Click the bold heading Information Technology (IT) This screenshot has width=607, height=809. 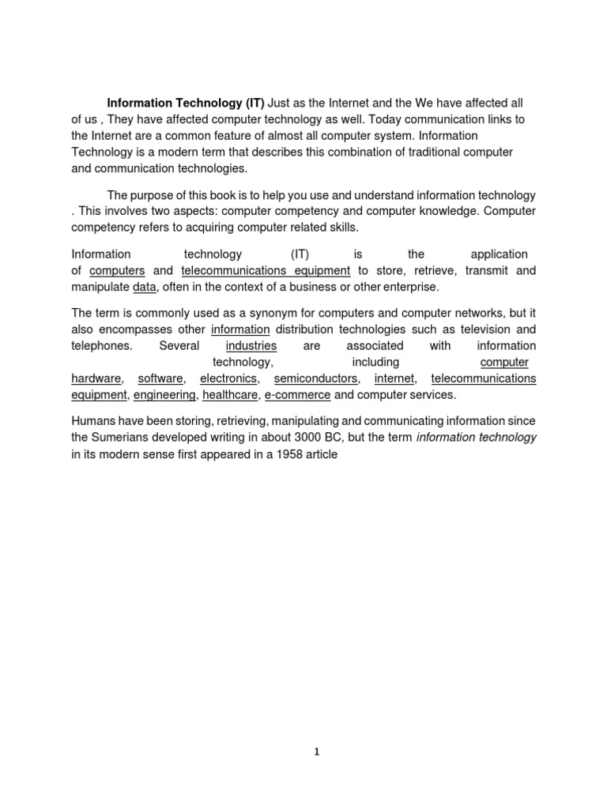(187, 103)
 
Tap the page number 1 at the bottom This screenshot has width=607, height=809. (316, 752)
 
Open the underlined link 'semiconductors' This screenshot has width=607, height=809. (315, 378)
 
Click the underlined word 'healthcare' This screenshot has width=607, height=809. (230, 395)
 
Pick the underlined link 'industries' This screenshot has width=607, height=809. (251, 345)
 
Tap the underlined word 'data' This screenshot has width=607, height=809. (144, 287)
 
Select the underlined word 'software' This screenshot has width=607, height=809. (160, 378)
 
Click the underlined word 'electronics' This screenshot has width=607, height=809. (228, 378)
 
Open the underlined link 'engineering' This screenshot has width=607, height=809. (164, 395)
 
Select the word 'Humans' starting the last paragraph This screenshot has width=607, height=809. (93, 421)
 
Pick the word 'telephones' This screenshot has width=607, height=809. (102, 345)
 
